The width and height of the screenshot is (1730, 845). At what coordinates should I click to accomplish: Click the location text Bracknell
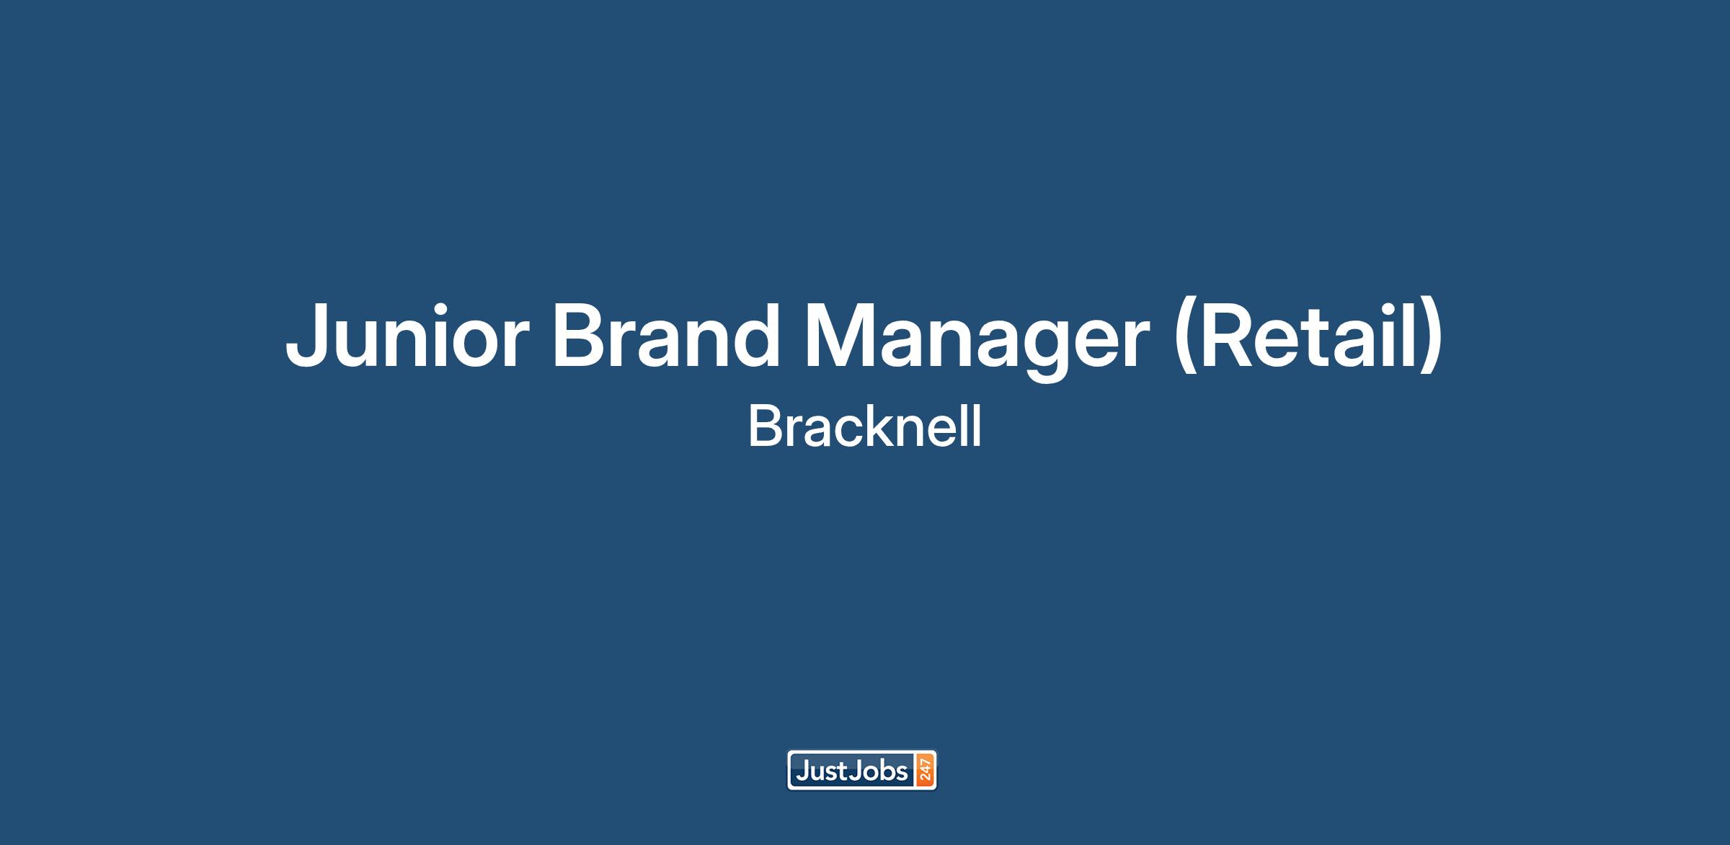[865, 426]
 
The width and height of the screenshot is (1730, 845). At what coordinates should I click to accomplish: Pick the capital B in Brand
[581, 335]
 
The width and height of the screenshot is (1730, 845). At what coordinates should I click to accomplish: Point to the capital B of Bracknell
[765, 426]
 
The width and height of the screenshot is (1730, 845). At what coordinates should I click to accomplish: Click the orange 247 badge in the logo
[925, 770]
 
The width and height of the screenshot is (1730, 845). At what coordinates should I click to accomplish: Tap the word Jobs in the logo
[879, 771]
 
